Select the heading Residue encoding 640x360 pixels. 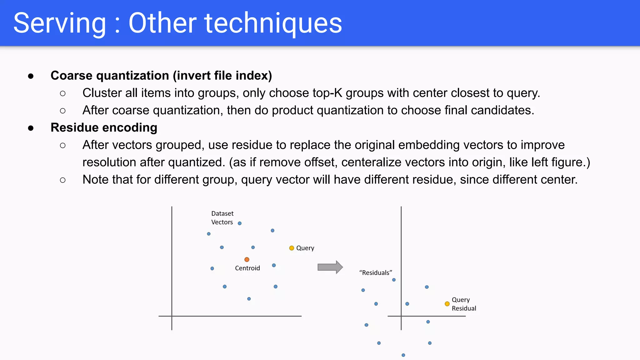coord(104,127)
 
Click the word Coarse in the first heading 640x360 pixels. coord(72,76)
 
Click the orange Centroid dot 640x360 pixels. coord(247,259)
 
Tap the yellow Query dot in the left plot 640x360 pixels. coord(292,248)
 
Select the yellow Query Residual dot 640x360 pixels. coord(447,304)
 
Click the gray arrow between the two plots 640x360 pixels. coord(330,267)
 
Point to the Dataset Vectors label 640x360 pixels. coord(222,218)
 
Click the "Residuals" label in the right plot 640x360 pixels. coord(376,272)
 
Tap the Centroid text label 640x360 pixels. coord(247,268)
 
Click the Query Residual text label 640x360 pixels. coord(464,304)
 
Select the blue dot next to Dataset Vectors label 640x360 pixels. coord(240,223)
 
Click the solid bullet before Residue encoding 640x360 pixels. coord(31,128)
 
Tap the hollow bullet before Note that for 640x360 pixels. coord(63,180)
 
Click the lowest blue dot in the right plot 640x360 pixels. coord(403,355)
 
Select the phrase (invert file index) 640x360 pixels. coord(222,76)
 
